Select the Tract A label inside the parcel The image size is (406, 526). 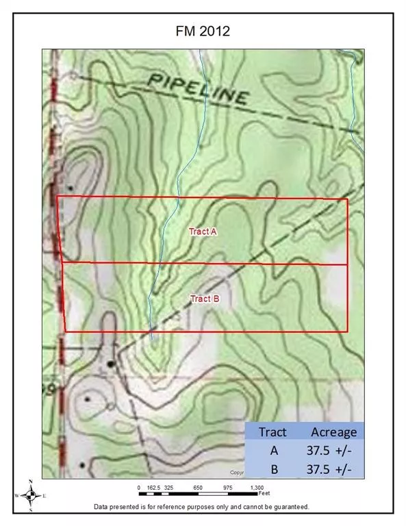pos(203,232)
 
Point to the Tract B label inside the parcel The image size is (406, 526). pos(204,299)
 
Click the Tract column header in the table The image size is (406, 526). pos(272,431)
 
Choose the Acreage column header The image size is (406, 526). pos(333,431)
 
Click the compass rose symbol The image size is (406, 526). pos(30,495)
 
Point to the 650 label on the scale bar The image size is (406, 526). pos(198,487)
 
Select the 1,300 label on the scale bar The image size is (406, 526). pos(257,487)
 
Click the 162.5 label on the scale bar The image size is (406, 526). pos(153,487)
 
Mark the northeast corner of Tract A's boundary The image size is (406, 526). pos(348,199)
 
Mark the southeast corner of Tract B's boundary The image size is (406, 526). pos(348,331)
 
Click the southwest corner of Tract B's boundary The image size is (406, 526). pos(65,331)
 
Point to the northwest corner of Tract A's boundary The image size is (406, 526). pos(56,197)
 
